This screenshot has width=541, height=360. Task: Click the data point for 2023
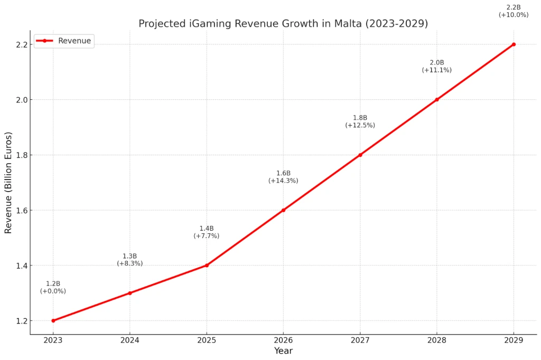pos(53,320)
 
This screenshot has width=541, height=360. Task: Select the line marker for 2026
pos(283,210)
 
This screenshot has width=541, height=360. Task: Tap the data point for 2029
pos(514,44)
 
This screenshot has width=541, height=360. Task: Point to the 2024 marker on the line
pos(130,293)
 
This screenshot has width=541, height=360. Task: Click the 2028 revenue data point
pos(437,99)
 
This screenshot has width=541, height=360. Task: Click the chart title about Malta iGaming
pos(283,24)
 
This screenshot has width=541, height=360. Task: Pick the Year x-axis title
pos(283,350)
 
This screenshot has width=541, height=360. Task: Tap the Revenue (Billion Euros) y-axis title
pos(8,182)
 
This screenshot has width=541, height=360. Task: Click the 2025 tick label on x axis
pos(207,340)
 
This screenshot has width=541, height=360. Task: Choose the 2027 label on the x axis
pos(360,340)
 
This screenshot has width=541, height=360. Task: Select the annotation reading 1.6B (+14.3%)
pos(283,177)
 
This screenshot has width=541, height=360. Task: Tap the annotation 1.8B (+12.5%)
pos(360,121)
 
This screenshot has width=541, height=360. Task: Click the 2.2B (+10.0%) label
pos(514,11)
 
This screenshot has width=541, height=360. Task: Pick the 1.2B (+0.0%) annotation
pos(53,287)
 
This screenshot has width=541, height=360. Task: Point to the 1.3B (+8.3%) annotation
pos(130,260)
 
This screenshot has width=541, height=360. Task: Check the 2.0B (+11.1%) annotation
pos(437,66)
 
